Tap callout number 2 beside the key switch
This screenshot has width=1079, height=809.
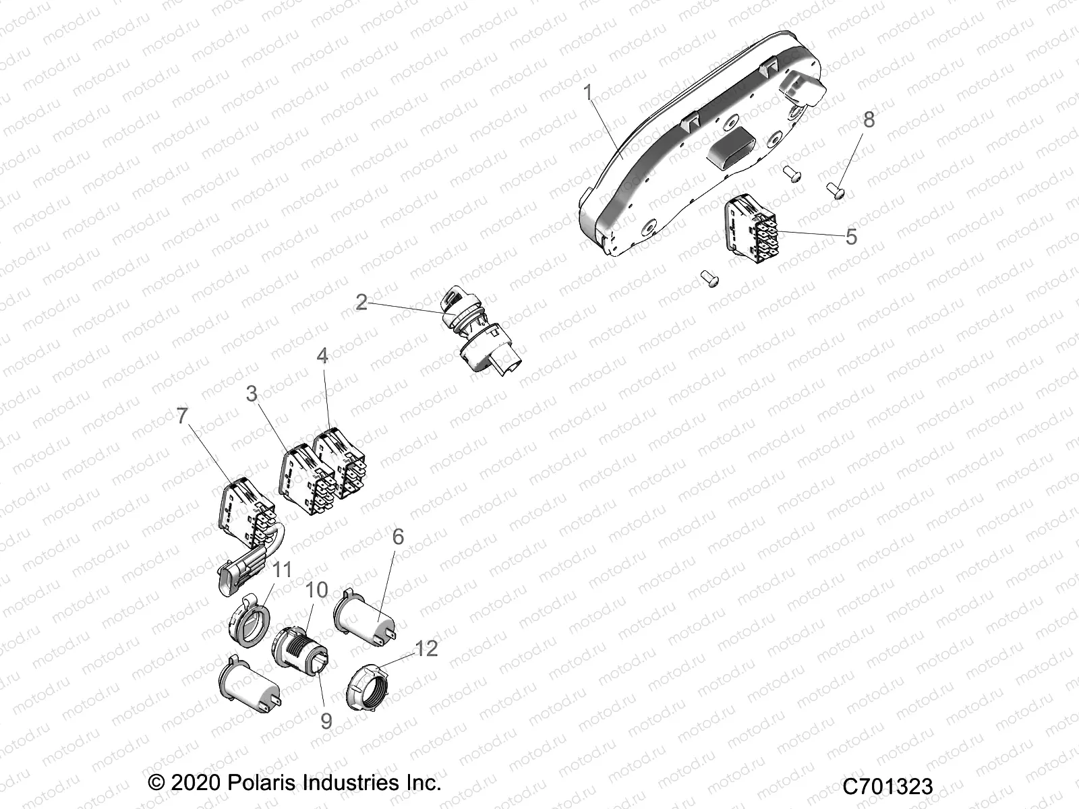pyautogui.click(x=361, y=302)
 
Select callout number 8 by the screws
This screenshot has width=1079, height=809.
pyautogui.click(x=869, y=119)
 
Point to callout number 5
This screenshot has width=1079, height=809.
pyautogui.click(x=851, y=237)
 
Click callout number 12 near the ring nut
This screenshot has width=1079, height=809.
pyautogui.click(x=427, y=649)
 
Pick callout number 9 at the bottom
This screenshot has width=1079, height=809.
pyautogui.click(x=326, y=721)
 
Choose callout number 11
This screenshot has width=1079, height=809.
pyautogui.click(x=281, y=570)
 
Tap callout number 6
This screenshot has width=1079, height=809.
pyautogui.click(x=398, y=537)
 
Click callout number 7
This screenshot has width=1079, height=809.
pyautogui.click(x=182, y=416)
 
